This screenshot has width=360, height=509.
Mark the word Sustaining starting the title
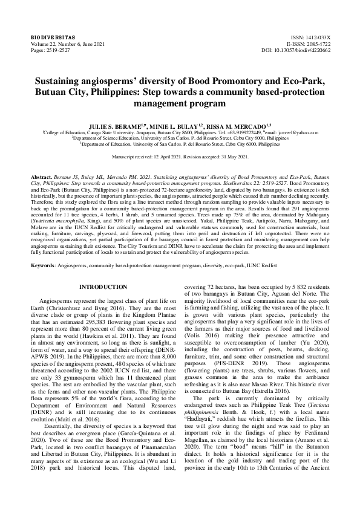tap(62, 80)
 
